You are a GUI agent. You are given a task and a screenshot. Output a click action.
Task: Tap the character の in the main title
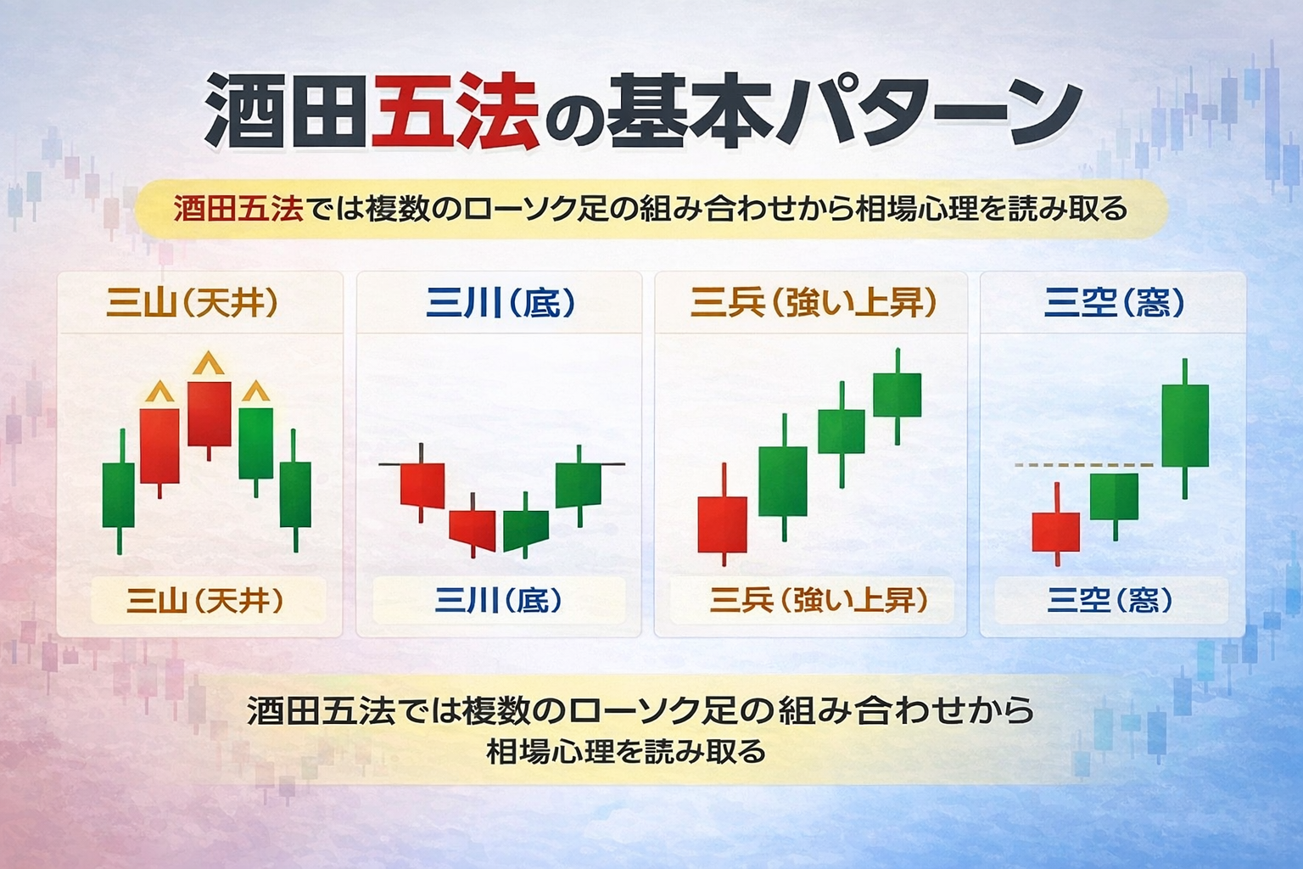(570, 115)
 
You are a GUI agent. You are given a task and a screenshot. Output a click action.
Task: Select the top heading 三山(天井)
(193, 303)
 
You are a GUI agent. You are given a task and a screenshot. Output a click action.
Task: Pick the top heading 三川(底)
(501, 303)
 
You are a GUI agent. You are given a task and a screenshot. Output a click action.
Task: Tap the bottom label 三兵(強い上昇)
(819, 601)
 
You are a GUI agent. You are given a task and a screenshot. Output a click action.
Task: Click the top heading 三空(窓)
(1114, 303)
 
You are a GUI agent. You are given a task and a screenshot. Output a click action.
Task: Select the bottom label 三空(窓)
(1110, 601)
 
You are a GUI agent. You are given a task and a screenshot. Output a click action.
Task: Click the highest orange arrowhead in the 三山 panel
(208, 365)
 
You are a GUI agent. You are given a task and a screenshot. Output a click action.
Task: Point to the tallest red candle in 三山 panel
(209, 413)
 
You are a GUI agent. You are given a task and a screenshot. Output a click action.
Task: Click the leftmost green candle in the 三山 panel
(119, 495)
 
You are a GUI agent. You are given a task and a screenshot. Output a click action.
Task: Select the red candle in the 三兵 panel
(723, 524)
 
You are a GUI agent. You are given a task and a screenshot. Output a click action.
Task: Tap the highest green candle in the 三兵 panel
(897, 395)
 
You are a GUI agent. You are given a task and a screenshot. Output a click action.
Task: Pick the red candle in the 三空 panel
(1056, 532)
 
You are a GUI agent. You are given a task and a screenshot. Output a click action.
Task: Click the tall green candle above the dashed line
(1185, 425)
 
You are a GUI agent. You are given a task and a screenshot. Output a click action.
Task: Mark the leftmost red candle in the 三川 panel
(422, 484)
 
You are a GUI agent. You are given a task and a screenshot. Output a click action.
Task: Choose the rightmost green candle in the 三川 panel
(579, 485)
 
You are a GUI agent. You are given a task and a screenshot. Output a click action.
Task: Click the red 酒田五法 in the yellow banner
(238, 209)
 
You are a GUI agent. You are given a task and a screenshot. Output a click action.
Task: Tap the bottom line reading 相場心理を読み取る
(626, 752)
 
